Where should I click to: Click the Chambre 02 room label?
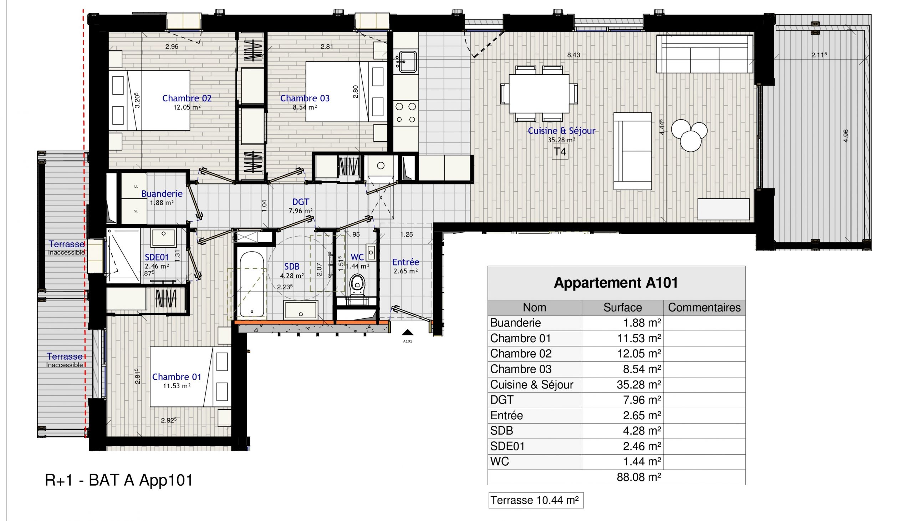tap(187, 98)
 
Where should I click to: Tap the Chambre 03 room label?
tap(305, 98)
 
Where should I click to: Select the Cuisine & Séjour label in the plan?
tap(561, 131)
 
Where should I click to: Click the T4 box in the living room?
tap(560, 152)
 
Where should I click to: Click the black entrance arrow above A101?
tap(408, 333)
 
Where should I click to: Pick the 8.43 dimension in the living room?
tap(573, 55)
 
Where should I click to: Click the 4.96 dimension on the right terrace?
tap(846, 136)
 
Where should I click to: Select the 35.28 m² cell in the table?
tap(639, 385)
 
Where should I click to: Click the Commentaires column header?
tap(704, 307)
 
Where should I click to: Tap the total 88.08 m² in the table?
tap(639, 477)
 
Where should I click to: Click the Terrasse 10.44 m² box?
tap(535, 500)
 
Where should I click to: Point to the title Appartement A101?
tap(616, 283)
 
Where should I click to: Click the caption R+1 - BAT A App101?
tap(119, 480)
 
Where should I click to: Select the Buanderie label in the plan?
tap(162, 193)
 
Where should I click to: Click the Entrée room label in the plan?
tap(406, 262)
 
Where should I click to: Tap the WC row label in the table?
tap(500, 462)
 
